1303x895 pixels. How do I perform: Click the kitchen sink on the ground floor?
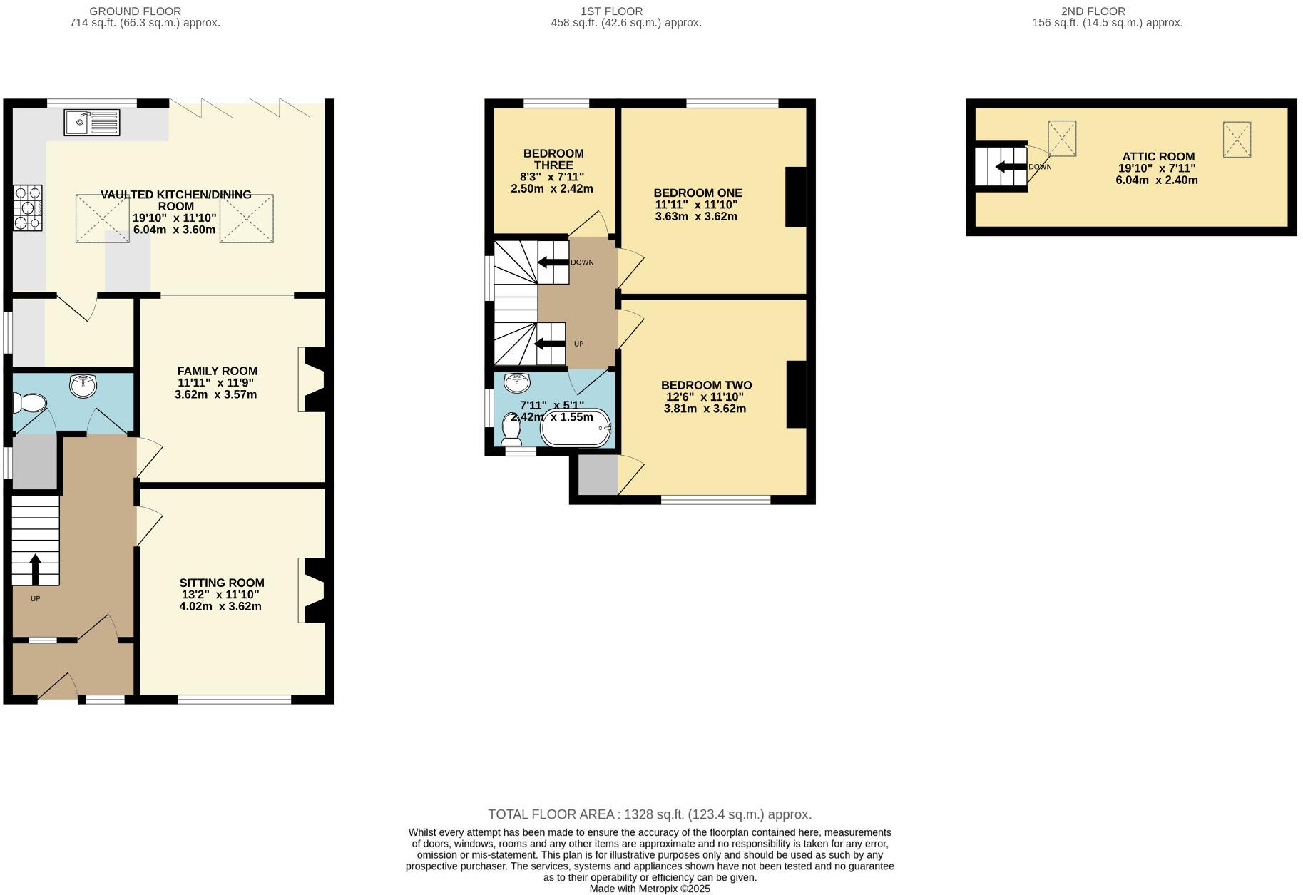pyautogui.click(x=92, y=122)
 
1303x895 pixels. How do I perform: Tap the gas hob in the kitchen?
pyautogui.click(x=28, y=208)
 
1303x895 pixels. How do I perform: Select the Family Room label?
pyautogui.click(x=217, y=371)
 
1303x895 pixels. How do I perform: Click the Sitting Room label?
pyautogui.click(x=222, y=583)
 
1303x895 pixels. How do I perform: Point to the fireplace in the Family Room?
pyautogui.click(x=312, y=379)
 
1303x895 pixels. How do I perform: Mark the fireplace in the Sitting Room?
pyautogui.click(x=312, y=590)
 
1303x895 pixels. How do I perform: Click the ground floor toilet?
pyautogui.click(x=30, y=404)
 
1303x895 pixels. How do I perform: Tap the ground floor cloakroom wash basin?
pyautogui.click(x=84, y=387)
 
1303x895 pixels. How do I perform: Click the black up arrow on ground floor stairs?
pyautogui.click(x=34, y=568)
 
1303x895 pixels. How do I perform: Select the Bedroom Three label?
pyautogui.click(x=553, y=159)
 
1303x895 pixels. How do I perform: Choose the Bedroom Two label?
pyautogui.click(x=706, y=385)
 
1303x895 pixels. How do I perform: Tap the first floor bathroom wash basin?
pyautogui.click(x=516, y=383)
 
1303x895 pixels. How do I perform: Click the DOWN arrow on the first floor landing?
pyautogui.click(x=553, y=262)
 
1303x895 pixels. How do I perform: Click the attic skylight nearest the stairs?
pyautogui.click(x=1062, y=138)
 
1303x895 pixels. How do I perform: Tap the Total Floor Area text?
pyautogui.click(x=650, y=814)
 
